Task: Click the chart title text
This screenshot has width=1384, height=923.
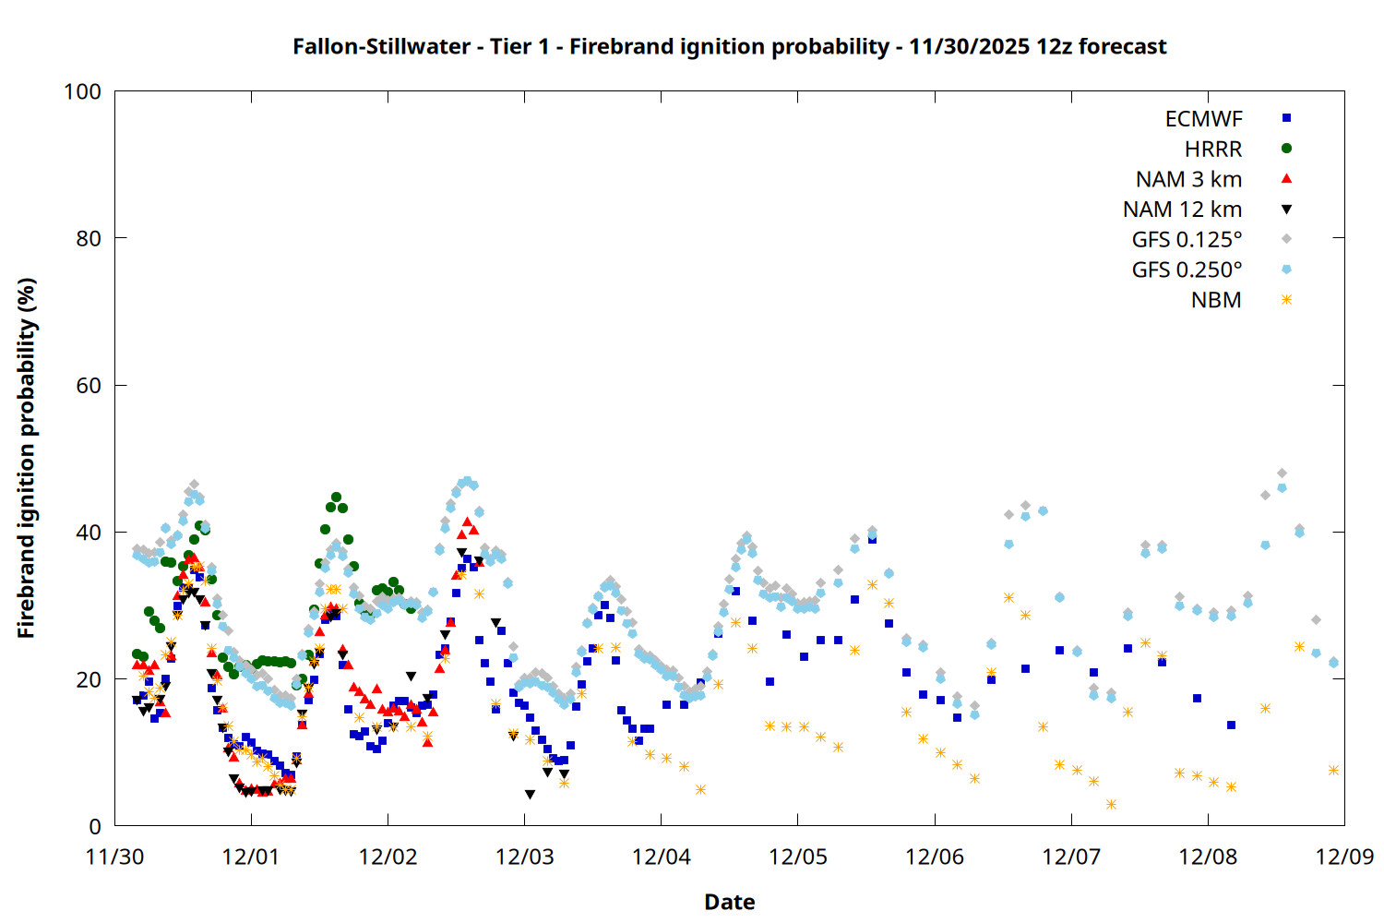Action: (x=729, y=46)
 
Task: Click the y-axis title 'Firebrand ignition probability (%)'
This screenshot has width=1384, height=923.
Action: (x=26, y=458)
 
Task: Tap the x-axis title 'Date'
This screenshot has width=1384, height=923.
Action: (x=729, y=902)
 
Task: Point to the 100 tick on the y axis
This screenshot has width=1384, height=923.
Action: (x=82, y=91)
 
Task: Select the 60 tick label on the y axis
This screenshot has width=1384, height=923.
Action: (x=89, y=385)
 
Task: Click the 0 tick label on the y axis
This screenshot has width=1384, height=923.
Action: (x=94, y=826)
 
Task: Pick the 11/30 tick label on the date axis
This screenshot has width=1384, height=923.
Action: (x=114, y=857)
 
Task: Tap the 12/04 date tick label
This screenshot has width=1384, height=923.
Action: (x=661, y=857)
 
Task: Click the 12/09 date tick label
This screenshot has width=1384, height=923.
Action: (x=1344, y=857)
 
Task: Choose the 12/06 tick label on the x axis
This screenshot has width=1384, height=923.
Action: (x=935, y=857)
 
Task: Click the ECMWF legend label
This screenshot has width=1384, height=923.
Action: (x=1203, y=119)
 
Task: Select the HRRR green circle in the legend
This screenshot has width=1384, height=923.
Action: (x=1286, y=149)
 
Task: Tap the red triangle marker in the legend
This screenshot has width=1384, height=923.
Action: (x=1286, y=178)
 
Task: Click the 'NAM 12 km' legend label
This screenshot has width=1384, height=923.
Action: (x=1182, y=210)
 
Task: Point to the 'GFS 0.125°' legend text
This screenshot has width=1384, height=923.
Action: (x=1187, y=240)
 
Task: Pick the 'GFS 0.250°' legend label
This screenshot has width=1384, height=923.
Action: (x=1187, y=270)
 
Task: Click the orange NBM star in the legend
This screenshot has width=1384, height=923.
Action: (x=1286, y=300)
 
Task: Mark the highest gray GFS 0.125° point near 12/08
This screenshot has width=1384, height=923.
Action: (x=1281, y=473)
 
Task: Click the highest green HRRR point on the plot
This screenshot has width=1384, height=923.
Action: (x=336, y=497)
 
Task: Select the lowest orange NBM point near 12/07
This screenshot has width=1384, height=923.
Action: (x=1111, y=804)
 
